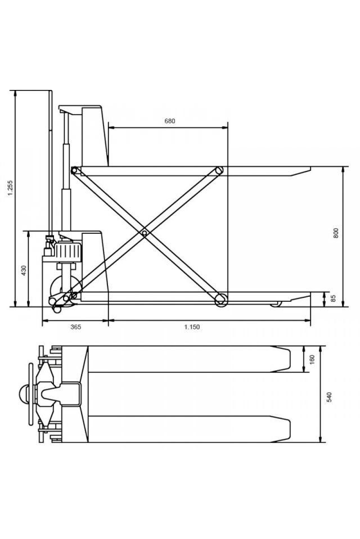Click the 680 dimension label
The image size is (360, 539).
[170, 121]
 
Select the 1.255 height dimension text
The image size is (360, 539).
[10, 188]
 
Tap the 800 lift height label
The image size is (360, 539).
[336, 233]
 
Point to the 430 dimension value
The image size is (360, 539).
[24, 271]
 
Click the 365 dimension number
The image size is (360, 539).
[76, 327]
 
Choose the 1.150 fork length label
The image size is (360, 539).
[192, 327]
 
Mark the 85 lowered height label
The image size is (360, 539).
[333, 298]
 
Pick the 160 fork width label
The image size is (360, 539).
[312, 360]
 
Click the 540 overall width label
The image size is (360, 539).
[330, 397]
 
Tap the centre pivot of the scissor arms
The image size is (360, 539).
[145, 233]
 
